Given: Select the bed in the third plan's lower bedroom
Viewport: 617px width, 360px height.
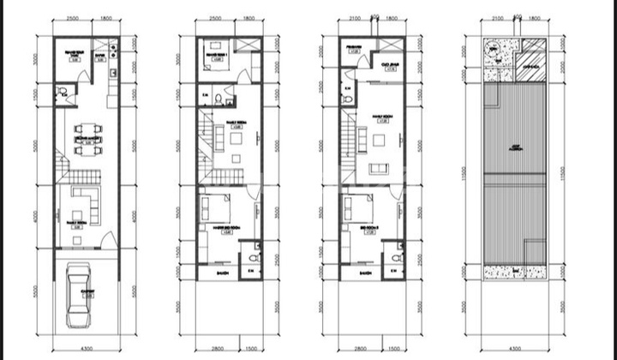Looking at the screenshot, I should click(x=356, y=208).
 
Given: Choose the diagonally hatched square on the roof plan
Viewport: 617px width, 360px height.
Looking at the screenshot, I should click(x=532, y=51).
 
